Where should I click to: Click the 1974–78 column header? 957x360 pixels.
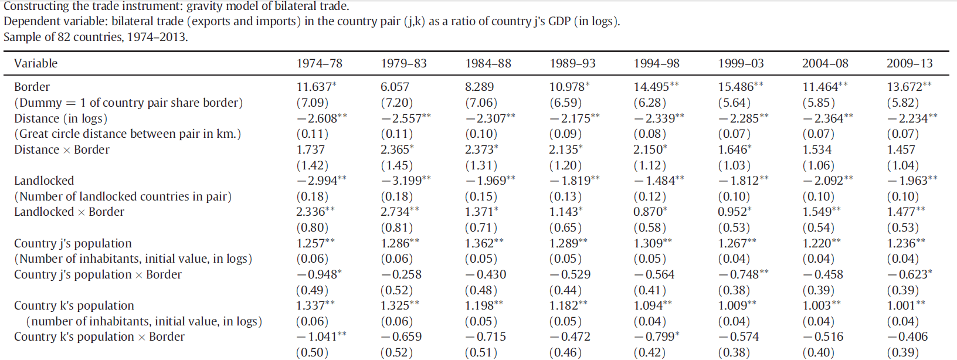tap(319, 63)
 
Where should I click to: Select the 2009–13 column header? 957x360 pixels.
tap(909, 63)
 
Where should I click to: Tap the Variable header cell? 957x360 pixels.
tap(36, 63)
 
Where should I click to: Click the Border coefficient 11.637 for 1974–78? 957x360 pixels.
tap(314, 87)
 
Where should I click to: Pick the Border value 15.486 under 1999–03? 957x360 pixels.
tap(738, 87)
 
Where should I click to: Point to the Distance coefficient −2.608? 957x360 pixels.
tap(318, 118)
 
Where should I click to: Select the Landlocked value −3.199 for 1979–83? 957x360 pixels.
tap(403, 181)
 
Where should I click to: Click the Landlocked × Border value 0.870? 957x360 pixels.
tap(647, 212)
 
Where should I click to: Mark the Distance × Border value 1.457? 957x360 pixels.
tap(901, 150)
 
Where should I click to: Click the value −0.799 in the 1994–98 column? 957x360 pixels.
tap(654, 337)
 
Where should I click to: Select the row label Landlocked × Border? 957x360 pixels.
tap(69, 212)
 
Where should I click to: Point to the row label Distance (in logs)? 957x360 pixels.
tap(61, 118)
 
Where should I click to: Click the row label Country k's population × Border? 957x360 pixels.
tap(99, 337)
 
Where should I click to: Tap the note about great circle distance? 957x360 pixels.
tap(127, 134)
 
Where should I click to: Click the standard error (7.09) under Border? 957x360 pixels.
tap(312, 103)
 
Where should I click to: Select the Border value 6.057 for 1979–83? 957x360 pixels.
tap(395, 87)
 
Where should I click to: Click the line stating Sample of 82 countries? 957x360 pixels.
tap(96, 37)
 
